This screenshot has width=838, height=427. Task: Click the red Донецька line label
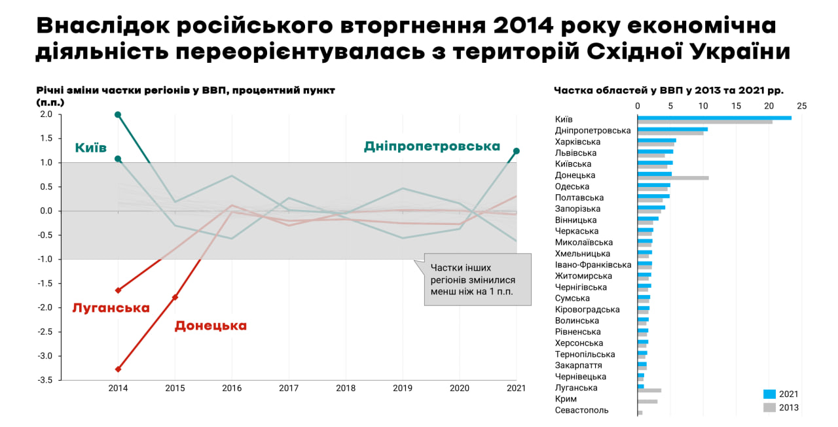click(x=210, y=326)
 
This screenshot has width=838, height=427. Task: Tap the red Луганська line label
click(x=111, y=308)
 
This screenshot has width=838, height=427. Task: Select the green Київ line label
click(x=90, y=148)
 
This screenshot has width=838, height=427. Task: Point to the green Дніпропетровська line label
click(x=431, y=146)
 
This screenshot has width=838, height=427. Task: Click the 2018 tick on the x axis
click(x=345, y=388)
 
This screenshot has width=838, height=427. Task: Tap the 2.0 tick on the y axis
click(x=45, y=114)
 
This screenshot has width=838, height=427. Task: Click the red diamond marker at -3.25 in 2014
click(x=118, y=369)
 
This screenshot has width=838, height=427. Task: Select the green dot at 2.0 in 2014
click(x=118, y=114)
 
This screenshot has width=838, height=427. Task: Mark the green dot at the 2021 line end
click(x=517, y=151)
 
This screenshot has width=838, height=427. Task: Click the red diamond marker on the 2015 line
click(x=175, y=298)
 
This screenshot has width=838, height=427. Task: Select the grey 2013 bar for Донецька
click(x=673, y=178)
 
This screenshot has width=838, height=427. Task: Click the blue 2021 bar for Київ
click(x=714, y=118)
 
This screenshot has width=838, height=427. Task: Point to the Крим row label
click(x=566, y=399)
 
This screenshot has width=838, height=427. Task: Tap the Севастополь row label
click(x=581, y=410)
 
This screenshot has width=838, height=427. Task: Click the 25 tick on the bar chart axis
click(x=801, y=106)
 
